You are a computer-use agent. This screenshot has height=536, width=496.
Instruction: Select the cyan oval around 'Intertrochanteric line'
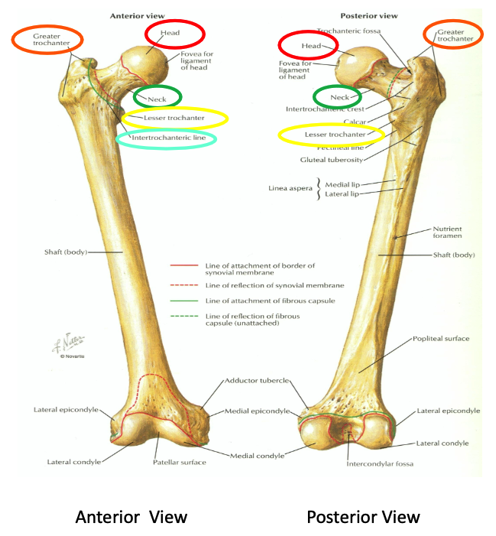tap(166, 139)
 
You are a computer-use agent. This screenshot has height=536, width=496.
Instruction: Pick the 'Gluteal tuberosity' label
tap(331, 160)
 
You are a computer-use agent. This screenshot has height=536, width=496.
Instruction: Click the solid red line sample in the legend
tap(185, 266)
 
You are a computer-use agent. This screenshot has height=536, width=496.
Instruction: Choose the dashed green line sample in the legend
tap(185, 316)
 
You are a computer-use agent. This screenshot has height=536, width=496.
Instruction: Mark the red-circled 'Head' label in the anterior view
tap(175, 33)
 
